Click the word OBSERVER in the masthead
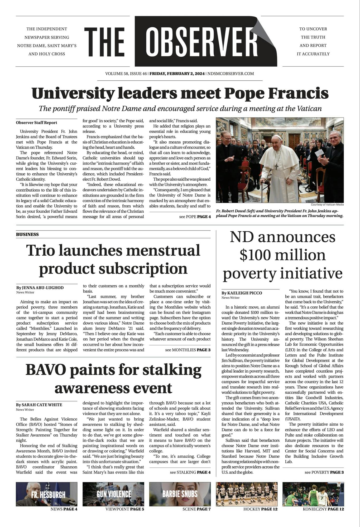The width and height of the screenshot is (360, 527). tap(201, 41)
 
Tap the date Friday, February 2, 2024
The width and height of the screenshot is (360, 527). tap(177, 74)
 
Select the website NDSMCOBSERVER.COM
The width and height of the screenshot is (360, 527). tap(231, 74)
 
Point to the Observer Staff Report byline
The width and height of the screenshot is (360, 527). tap(36, 123)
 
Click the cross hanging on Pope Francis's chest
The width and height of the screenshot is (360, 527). tap(276, 167)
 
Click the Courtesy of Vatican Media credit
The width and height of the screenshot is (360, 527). tap(327, 204)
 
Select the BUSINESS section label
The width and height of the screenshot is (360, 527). tap(27, 234)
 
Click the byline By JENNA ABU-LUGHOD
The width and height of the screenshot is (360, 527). tap(40, 287)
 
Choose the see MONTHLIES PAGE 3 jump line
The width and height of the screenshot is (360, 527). tap(188, 350)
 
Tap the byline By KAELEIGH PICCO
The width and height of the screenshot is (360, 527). tap(242, 293)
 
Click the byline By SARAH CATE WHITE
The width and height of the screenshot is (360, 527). tap(39, 404)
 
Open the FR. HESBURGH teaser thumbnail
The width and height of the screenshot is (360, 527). tap(46, 494)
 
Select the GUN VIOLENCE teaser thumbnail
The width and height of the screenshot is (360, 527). tap(113, 494)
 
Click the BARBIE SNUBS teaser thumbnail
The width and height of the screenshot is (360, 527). tap(180, 494)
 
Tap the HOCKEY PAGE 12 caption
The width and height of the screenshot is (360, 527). tap(260, 509)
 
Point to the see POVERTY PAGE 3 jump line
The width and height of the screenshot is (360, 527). tap(324, 472)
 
